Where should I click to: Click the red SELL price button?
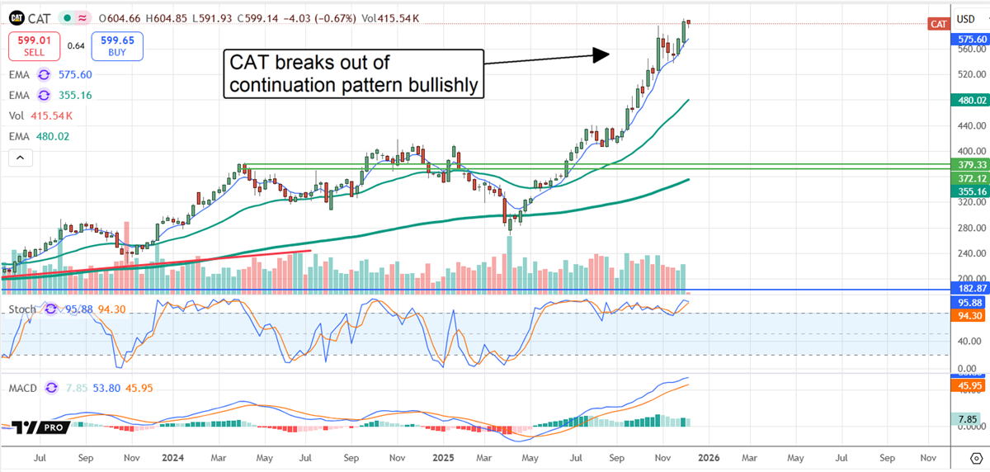click(34, 45)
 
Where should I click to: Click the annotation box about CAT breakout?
click(353, 74)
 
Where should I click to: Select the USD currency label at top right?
click(965, 18)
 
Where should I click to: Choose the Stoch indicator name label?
click(23, 309)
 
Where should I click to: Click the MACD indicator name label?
click(23, 388)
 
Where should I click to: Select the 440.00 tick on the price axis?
click(967, 126)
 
